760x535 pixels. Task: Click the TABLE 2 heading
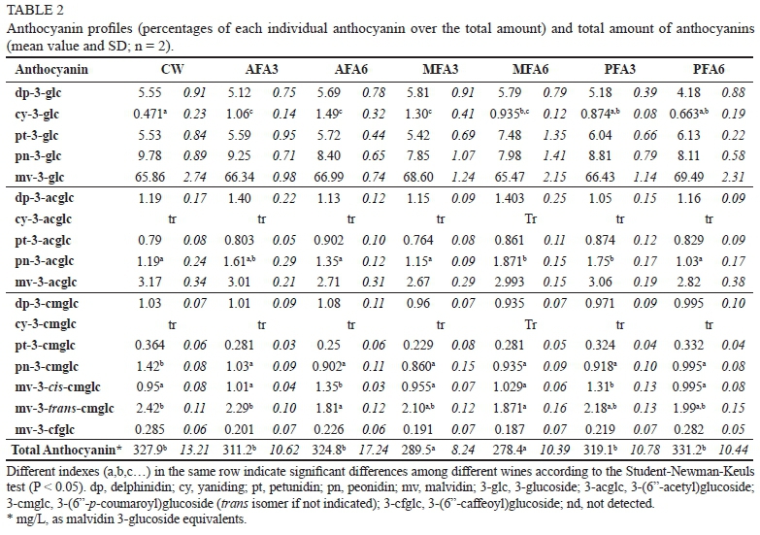coord(30,9)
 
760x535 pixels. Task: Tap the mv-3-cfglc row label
coord(47,426)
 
